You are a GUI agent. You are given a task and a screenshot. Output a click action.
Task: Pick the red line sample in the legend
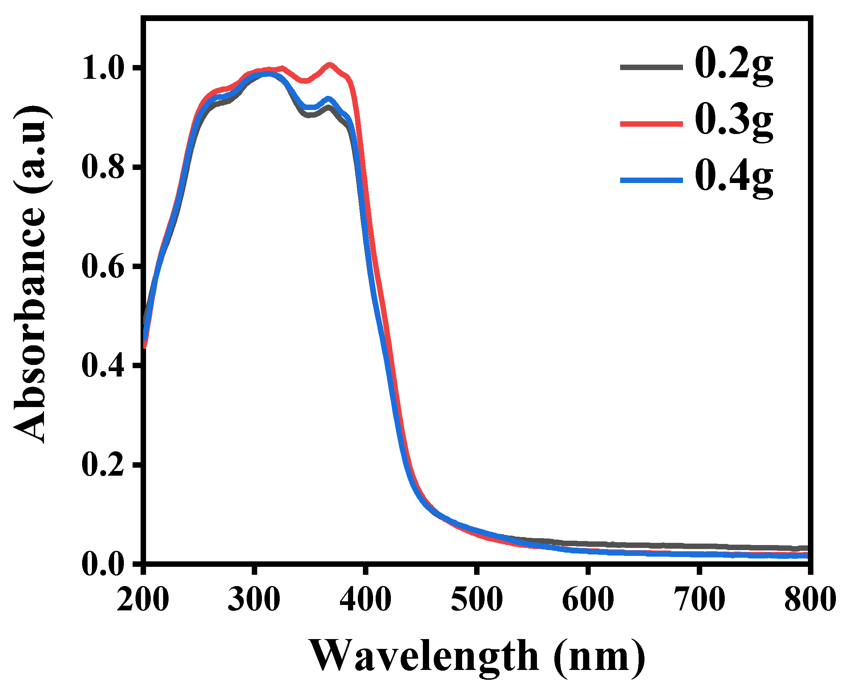(x=651, y=124)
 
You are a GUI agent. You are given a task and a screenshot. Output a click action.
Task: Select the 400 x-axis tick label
(x=365, y=599)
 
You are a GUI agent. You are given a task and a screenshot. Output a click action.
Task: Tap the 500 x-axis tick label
(x=476, y=599)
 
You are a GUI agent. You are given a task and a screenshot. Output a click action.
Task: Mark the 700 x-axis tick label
(x=699, y=599)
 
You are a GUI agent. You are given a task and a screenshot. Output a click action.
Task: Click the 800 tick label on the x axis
(x=809, y=599)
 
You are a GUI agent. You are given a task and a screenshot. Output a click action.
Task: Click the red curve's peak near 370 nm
(x=330, y=65)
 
